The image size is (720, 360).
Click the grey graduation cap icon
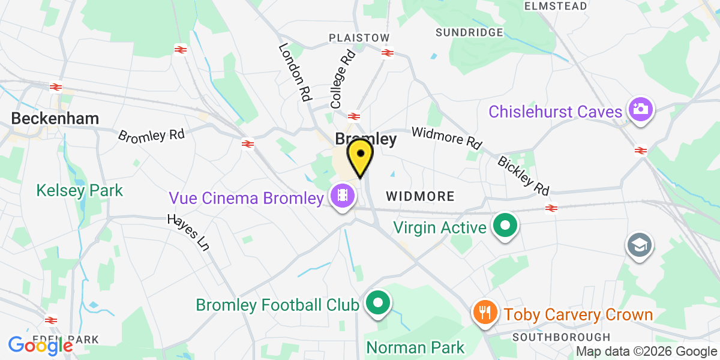click(x=638, y=245)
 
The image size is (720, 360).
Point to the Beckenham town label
click(x=55, y=118)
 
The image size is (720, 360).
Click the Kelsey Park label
click(x=79, y=191)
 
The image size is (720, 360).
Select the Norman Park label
click(x=415, y=347)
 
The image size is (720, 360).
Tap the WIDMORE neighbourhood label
click(x=420, y=196)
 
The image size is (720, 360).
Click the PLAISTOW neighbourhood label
click(x=359, y=38)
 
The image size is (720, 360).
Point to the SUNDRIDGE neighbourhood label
click(x=469, y=32)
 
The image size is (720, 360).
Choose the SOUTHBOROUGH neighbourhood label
click(x=561, y=337)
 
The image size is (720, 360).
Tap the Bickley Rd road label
click(x=523, y=176)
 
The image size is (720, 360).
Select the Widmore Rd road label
click(x=446, y=138)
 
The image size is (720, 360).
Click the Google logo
click(x=40, y=345)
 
